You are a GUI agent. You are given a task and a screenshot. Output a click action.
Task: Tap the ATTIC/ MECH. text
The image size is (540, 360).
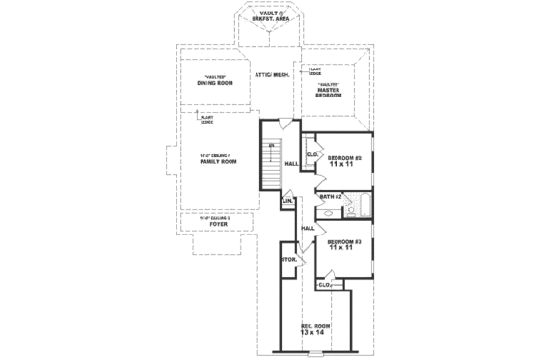click(x=272, y=74)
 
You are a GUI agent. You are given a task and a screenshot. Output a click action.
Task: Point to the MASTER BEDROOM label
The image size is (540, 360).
click(x=330, y=92)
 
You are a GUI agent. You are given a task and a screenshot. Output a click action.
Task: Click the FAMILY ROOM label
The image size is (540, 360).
click(x=218, y=159)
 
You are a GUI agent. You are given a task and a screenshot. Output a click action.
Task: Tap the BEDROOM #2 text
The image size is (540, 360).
click(x=343, y=157)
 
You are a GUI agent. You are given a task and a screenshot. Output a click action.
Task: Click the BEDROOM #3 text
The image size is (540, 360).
click(x=343, y=240)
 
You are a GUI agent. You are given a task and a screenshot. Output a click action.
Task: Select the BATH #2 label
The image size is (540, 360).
click(x=331, y=197)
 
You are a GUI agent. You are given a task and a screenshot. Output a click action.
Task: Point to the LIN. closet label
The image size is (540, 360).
click(x=286, y=202)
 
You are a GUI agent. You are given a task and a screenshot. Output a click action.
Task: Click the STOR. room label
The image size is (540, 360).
click(x=287, y=260)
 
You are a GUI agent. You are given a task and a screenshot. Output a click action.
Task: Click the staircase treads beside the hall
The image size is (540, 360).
click(x=270, y=164)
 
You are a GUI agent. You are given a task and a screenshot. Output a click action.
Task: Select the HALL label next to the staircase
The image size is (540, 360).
click(x=291, y=164)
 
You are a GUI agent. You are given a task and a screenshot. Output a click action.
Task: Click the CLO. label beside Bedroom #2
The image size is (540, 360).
click(x=312, y=153)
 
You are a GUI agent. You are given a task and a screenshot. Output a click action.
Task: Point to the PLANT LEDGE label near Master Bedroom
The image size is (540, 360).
click(x=314, y=70)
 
